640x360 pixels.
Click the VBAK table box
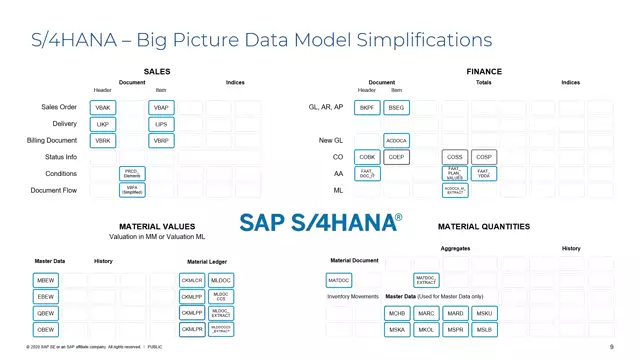[x=102, y=107]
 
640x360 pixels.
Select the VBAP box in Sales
[x=161, y=107]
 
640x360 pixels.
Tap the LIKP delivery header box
[x=102, y=124]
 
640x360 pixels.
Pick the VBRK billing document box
[x=102, y=141]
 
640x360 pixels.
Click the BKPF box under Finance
[x=367, y=107]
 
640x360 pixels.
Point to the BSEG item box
[x=396, y=107]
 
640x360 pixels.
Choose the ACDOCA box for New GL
[x=396, y=141]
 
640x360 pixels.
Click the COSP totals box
[x=484, y=157]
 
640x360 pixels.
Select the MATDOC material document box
[x=339, y=281]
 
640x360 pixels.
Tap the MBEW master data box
[x=47, y=281]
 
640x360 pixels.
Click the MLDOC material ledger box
[x=221, y=281]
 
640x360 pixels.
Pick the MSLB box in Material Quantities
[x=484, y=329]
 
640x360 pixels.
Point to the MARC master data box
[x=426, y=313]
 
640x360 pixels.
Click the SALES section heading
[x=157, y=72]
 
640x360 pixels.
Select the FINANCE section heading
[x=484, y=72]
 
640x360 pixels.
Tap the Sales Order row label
[x=59, y=107]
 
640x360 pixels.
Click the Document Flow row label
[x=54, y=190]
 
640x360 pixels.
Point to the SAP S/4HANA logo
[x=320, y=222]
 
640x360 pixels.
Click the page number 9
[x=611, y=348]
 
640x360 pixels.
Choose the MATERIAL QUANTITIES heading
[x=484, y=227]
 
